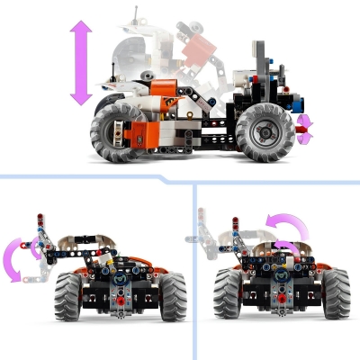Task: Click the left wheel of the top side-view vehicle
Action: (x=118, y=133)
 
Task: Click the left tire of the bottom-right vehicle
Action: (x=231, y=297)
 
